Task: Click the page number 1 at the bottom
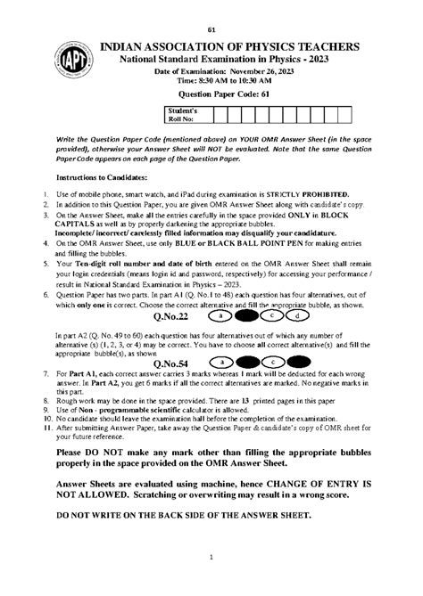coord(211,582)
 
